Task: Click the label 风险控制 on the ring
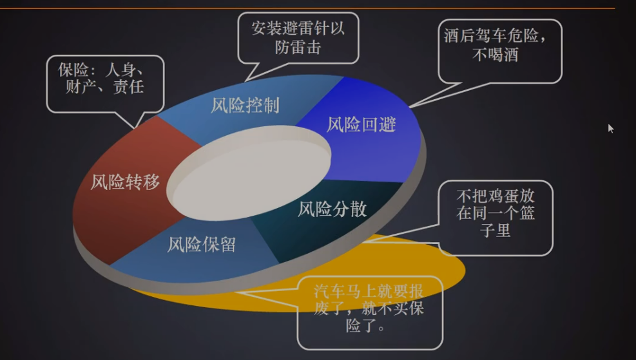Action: click(245, 106)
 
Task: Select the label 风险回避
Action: click(361, 124)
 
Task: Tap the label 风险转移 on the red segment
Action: click(125, 182)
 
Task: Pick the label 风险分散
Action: click(332, 209)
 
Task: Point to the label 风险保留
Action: click(202, 245)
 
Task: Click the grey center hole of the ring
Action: click(249, 173)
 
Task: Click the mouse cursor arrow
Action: click(611, 129)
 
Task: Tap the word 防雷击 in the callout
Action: click(298, 48)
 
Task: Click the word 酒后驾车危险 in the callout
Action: click(491, 35)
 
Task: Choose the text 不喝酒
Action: click(496, 54)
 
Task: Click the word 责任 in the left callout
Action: click(129, 87)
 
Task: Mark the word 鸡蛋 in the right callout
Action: click(503, 196)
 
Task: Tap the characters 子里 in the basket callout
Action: click(496, 231)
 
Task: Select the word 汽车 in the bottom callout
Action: click(329, 291)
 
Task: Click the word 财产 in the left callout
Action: click(81, 87)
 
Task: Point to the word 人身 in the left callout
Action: click(120, 70)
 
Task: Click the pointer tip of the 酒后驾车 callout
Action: click(410, 108)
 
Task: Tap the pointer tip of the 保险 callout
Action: click(134, 129)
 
